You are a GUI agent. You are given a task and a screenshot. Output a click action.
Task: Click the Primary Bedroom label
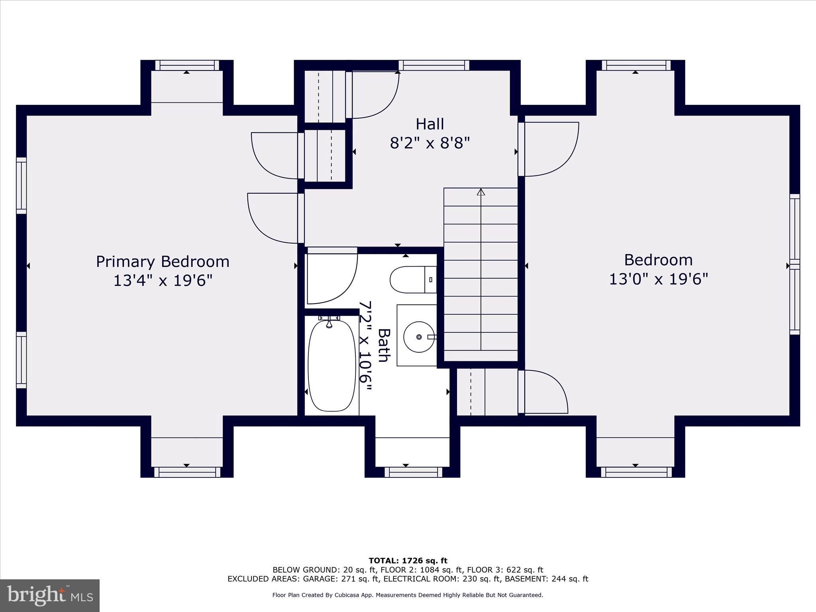pos(163,262)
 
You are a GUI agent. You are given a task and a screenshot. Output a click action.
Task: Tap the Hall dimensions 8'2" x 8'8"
pos(430,143)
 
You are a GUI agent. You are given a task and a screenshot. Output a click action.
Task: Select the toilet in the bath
pos(410,280)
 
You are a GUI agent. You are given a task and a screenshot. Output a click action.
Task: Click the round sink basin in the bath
pos(419,337)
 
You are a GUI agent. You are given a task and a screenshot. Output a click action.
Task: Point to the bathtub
pos(331,366)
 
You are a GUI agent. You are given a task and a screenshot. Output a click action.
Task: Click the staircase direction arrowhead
pos(481,192)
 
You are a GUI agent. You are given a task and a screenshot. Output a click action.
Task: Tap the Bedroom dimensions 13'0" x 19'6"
pos(658,279)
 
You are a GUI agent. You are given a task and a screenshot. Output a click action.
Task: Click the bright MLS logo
pos(50,595)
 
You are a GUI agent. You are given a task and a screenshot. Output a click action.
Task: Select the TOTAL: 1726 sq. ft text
pos(408,561)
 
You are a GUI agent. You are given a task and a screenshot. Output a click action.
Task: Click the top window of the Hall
pos(433,65)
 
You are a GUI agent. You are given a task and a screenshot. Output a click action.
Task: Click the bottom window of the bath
pos(413,472)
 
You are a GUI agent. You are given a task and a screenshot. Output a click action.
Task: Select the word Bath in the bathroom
pos(384,345)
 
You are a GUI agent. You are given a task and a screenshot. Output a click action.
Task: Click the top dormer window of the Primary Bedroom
pos(187,65)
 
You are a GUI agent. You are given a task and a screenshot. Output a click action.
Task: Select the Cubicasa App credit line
pos(408,595)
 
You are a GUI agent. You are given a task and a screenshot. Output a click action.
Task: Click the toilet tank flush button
pos(431,280)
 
